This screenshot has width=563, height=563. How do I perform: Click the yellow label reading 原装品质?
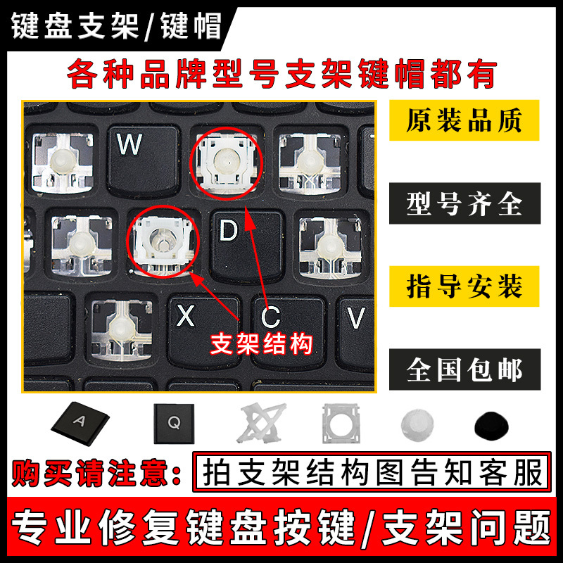coord(464,121)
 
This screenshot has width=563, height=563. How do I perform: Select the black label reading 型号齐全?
coord(464,204)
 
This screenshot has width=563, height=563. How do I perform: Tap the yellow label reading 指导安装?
coord(464,287)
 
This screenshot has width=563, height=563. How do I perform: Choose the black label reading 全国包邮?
coord(464,369)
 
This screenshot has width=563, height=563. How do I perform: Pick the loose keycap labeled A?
coord(80,423)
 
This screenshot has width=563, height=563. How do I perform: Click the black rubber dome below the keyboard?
coord(493,424)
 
